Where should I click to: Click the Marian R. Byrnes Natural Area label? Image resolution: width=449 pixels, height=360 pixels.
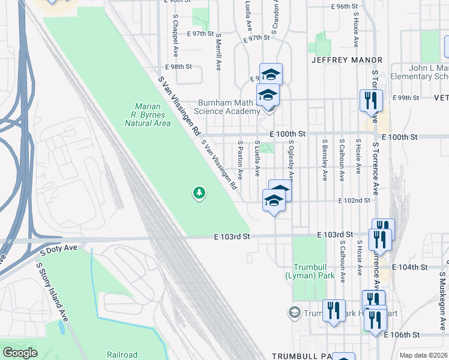(x=148, y=115)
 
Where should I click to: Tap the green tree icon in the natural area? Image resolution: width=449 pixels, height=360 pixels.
(x=199, y=193)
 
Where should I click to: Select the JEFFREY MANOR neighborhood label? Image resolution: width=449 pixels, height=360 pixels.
(x=347, y=61)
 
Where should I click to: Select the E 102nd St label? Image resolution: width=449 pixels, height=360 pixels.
(x=354, y=200)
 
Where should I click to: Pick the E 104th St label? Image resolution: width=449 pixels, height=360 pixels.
(x=409, y=266)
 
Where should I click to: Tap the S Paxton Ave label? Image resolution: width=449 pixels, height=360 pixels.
(x=240, y=160)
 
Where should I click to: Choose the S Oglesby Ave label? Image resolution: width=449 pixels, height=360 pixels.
(x=291, y=160)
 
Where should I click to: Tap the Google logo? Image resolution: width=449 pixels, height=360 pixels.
(x=20, y=353)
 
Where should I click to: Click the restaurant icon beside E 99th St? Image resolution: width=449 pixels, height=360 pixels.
(x=370, y=99)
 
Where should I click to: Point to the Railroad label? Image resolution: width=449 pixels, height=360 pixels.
(x=122, y=355)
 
